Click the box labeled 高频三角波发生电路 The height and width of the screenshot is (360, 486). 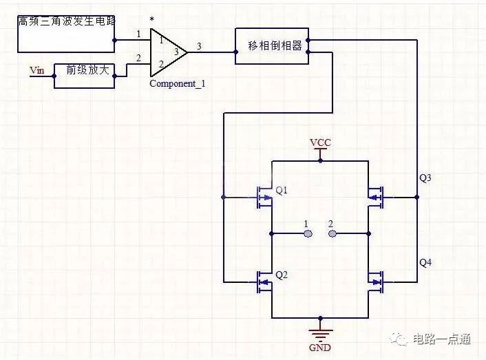66,32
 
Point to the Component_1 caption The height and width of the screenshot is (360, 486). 177,83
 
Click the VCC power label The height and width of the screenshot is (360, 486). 320,142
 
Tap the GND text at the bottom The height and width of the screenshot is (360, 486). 320,348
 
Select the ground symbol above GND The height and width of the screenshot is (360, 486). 320,333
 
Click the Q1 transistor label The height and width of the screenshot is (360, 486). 282,189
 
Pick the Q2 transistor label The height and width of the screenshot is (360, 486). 282,275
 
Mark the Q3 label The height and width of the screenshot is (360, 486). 425,178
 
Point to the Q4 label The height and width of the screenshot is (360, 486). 425,262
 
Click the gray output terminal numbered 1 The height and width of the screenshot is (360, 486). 308,233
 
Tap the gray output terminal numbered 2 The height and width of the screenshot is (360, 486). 332,233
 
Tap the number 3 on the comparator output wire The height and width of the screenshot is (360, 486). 199,46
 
